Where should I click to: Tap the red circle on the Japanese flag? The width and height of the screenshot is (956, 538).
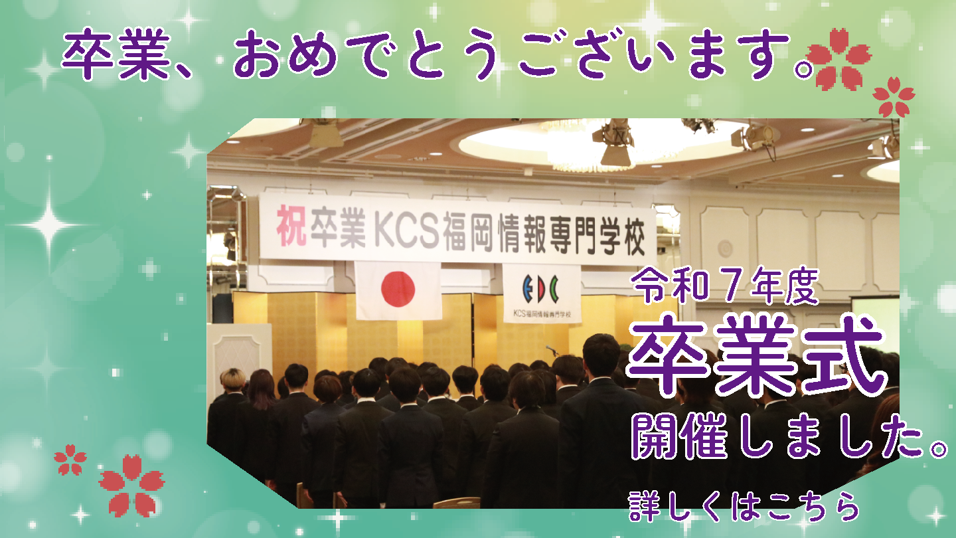pyautogui.click(x=398, y=289)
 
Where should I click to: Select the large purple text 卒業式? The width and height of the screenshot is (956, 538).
pyautogui.click(x=756, y=355)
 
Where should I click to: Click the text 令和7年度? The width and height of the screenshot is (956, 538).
pyautogui.click(x=725, y=285)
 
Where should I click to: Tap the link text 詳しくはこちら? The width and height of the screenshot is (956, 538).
pyautogui.click(x=744, y=507)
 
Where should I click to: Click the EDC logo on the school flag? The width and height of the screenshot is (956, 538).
pyautogui.click(x=540, y=289)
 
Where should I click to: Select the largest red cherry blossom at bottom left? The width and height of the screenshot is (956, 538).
pyautogui.click(x=131, y=486)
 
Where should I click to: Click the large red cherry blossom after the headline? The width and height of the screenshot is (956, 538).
pyautogui.click(x=838, y=59)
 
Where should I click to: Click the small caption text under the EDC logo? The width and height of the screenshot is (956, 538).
pyautogui.click(x=542, y=314)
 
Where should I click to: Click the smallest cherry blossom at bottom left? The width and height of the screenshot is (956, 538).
pyautogui.click(x=70, y=460)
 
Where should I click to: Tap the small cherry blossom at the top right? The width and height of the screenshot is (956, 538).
pyautogui.click(x=894, y=97)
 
